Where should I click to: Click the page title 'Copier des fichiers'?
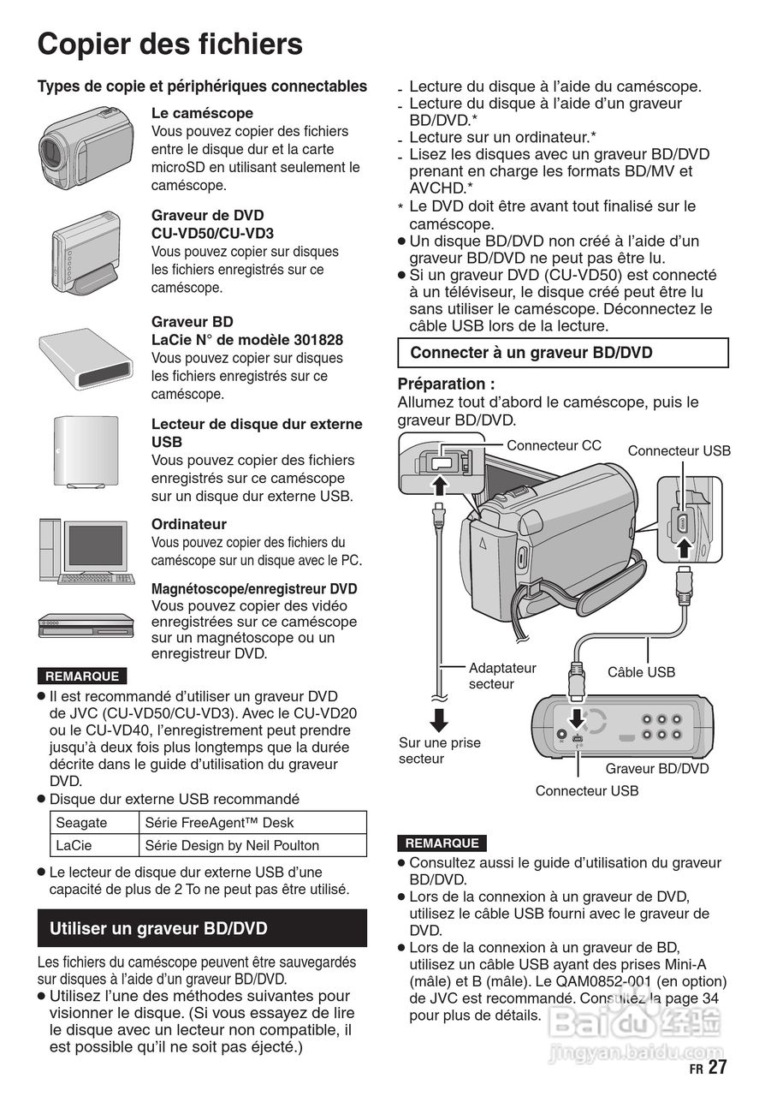pos(169,45)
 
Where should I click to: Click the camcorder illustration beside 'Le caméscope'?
pos(86,146)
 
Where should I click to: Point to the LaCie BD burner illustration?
pos(82,356)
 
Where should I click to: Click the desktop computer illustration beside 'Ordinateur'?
pos(86,551)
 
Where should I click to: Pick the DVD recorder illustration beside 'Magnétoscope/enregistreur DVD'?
pos(86,626)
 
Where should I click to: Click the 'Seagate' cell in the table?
pos(82,823)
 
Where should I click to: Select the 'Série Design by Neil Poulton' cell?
pos(232,845)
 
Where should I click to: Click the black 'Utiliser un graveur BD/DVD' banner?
pos(202,928)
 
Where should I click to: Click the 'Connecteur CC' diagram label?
pos(554,445)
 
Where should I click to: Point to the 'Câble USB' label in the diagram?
pos(641,672)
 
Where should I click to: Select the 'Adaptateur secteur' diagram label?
pos(501,676)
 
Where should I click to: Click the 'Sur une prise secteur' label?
pos(439,750)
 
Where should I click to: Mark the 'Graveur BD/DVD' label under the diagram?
pos(656,768)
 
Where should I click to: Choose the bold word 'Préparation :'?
pos(446,384)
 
